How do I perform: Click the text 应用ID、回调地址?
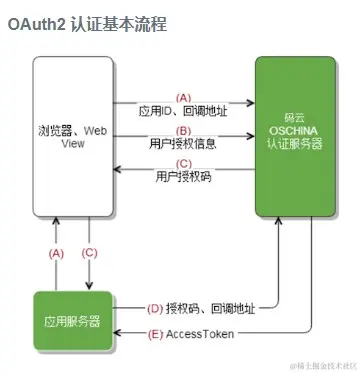click(182, 113)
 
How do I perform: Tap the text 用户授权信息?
click(182, 144)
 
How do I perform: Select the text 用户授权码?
click(182, 177)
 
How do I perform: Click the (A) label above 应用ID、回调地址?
click(182, 97)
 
